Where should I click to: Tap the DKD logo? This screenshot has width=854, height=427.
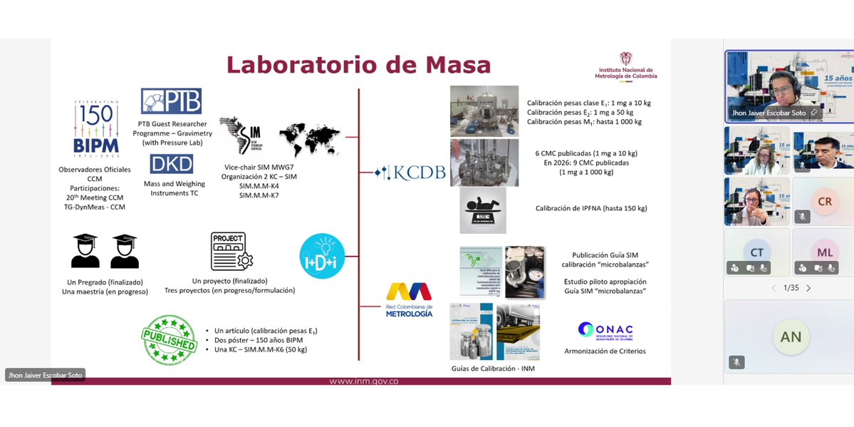pyautogui.click(x=171, y=165)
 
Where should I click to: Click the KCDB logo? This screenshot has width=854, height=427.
pyautogui.click(x=405, y=173)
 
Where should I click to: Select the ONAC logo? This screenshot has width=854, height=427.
pyautogui.click(x=605, y=331)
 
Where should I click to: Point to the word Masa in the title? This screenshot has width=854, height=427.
pyautogui.click(x=458, y=65)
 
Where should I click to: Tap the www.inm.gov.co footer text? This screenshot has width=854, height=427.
pyautogui.click(x=363, y=381)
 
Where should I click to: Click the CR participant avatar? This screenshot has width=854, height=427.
pyautogui.click(x=824, y=202)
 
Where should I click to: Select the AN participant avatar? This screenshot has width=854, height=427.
pyautogui.click(x=791, y=337)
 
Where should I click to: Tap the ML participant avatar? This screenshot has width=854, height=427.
pyautogui.click(x=824, y=252)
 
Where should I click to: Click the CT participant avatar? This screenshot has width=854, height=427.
pyautogui.click(x=756, y=252)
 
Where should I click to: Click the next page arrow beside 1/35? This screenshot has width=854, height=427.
pyautogui.click(x=808, y=288)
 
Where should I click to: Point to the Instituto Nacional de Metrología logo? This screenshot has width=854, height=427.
pyautogui.click(x=627, y=66)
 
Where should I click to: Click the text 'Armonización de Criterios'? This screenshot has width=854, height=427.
pyautogui.click(x=605, y=351)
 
